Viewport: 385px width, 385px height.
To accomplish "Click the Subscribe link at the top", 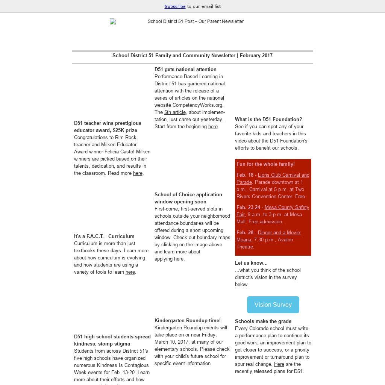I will pyautogui.click(x=175, y=6).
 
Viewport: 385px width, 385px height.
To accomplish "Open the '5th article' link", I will pyautogui.click(x=175, y=112).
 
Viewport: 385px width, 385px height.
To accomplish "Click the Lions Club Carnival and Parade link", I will pyautogui.click(x=283, y=175).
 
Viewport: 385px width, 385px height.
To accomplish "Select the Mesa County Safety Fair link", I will pyautogui.click(x=286, y=208).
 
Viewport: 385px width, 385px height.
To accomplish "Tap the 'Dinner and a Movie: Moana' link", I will pyautogui.click(x=279, y=233).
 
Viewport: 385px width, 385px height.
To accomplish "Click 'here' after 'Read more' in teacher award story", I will pyautogui.click(x=138, y=173).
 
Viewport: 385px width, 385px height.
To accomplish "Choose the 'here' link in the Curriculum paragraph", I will pyautogui.click(x=130, y=272).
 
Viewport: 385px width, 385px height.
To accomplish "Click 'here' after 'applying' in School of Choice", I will pyautogui.click(x=179, y=259).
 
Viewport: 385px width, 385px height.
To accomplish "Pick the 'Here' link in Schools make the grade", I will pyautogui.click(x=279, y=364).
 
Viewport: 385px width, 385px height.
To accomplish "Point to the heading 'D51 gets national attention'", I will pyautogui.click(x=185, y=70).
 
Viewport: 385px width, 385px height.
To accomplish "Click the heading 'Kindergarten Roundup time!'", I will pyautogui.click(x=188, y=321).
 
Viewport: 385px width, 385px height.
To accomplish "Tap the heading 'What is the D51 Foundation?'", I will pyautogui.click(x=268, y=120).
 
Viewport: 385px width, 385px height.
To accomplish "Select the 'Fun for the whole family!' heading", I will pyautogui.click(x=265, y=164).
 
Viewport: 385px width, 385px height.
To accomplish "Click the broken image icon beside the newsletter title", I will pyautogui.click(x=113, y=22).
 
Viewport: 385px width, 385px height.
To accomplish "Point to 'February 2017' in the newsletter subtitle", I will pyautogui.click(x=256, y=56).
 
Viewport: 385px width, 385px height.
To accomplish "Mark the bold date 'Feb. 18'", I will pyautogui.click(x=245, y=175).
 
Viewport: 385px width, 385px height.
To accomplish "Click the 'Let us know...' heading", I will pyautogui.click(x=251, y=263).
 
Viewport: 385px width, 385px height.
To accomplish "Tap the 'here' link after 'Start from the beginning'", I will pyautogui.click(x=213, y=127).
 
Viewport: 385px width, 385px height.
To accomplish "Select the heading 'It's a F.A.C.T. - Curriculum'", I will pyautogui.click(x=104, y=236).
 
